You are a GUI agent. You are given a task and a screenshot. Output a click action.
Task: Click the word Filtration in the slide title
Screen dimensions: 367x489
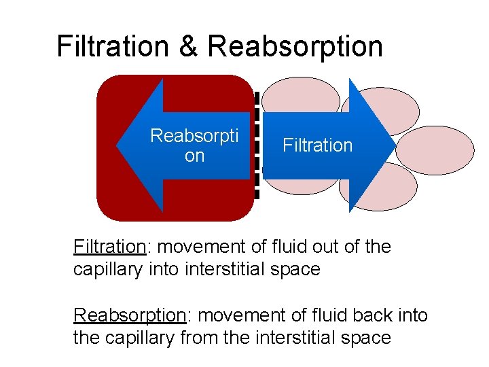[113, 46]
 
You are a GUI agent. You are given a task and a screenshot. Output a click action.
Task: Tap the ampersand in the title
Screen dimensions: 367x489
[188, 46]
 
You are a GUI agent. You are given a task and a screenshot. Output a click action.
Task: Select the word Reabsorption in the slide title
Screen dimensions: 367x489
[295, 46]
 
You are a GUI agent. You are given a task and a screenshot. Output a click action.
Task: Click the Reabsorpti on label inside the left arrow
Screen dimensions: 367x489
[194, 145]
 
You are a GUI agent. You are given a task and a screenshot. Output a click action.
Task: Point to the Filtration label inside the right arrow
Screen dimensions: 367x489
[317, 145]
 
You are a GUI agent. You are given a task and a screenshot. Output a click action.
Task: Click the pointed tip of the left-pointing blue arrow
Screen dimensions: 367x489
[118, 145]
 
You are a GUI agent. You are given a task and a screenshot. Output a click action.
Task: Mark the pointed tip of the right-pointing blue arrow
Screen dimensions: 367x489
[393, 145]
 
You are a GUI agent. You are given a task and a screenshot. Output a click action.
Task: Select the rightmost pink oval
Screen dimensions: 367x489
[435, 150]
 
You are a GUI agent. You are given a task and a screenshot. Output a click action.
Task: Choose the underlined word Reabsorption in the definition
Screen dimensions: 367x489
[129, 315]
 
